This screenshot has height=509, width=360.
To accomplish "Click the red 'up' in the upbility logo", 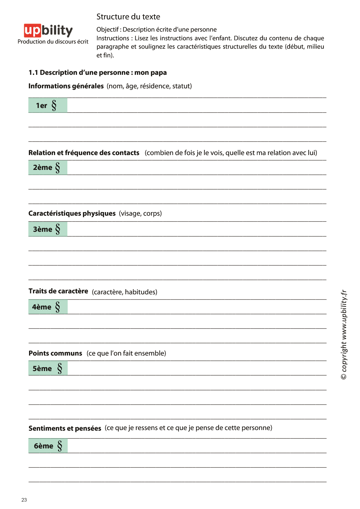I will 32,30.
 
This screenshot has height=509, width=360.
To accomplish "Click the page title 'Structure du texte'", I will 128,17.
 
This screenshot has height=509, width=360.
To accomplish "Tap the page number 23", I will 24,500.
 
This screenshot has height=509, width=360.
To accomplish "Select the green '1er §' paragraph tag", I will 48,105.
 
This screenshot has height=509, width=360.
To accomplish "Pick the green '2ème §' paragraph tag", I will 48,168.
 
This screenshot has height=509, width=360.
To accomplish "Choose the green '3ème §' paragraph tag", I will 48,229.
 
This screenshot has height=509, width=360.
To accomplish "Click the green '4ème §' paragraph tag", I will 48,307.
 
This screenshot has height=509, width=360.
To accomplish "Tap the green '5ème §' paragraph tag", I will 48,368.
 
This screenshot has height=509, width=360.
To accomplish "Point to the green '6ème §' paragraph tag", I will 48,446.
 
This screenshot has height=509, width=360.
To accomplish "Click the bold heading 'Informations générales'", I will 66,86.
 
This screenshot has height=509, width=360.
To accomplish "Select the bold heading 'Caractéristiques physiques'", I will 72,213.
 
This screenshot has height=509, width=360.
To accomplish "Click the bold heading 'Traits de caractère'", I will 58,291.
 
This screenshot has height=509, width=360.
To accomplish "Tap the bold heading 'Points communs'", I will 55,353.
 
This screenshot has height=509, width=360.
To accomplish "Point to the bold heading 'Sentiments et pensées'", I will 65,428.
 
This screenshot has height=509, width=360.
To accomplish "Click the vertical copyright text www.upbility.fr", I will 344,334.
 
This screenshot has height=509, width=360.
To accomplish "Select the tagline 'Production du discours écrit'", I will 53,42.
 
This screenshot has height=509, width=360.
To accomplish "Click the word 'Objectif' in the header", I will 108,30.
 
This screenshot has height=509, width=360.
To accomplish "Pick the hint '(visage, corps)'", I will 140,213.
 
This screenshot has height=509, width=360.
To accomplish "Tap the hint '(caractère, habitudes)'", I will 124,292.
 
